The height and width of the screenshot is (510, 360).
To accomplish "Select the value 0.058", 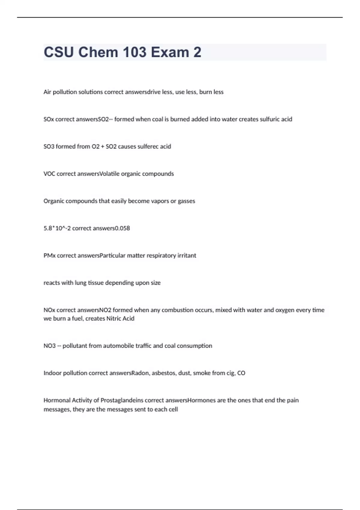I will [123, 228].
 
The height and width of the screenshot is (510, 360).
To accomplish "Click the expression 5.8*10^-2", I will [57, 228].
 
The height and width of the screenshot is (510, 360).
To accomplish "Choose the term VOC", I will [49, 174].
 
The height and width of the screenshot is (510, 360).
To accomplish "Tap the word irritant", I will [187, 256].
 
